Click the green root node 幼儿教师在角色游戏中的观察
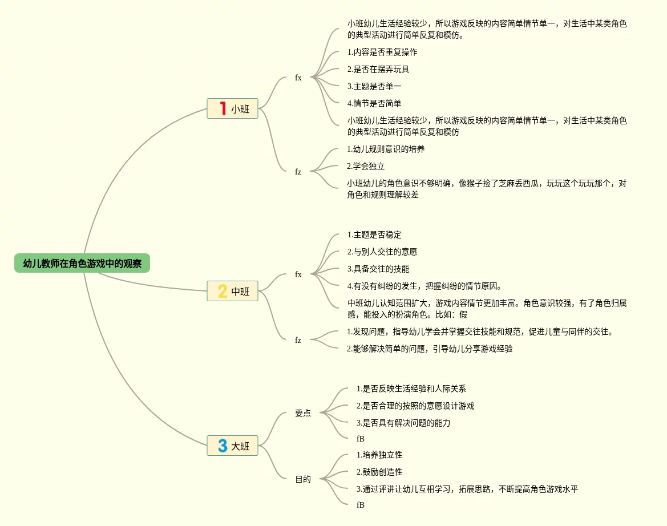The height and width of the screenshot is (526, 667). pos(82,264)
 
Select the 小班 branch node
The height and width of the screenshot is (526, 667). pos(232,108)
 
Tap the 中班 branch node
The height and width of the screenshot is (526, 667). pos(232,292)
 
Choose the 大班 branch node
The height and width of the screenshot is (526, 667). pos(232,446)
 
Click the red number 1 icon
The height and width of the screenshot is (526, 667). pos(223,108)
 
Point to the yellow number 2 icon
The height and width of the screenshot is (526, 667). pos(223,292)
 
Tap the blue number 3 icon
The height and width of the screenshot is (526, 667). pos(223,446)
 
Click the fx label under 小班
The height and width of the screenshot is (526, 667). pos(298,78)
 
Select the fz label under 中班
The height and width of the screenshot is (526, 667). pos(298,341)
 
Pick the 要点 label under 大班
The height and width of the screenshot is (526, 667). pos(303,414)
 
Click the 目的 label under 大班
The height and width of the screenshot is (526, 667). pos(303,480)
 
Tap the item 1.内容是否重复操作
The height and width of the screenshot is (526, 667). pos(382,52)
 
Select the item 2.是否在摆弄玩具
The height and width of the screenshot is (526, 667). pos(378,70)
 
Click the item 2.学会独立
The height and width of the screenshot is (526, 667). pos(366,167)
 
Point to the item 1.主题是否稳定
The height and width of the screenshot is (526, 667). pos(374,235)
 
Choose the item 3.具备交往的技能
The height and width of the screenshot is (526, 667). pos(378,269)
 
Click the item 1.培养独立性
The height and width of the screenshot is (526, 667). pos(379,455)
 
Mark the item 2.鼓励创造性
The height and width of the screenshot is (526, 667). pos(379,472)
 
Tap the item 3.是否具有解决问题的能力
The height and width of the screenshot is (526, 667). pos(403,423)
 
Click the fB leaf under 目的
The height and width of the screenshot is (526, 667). pos(361,505)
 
